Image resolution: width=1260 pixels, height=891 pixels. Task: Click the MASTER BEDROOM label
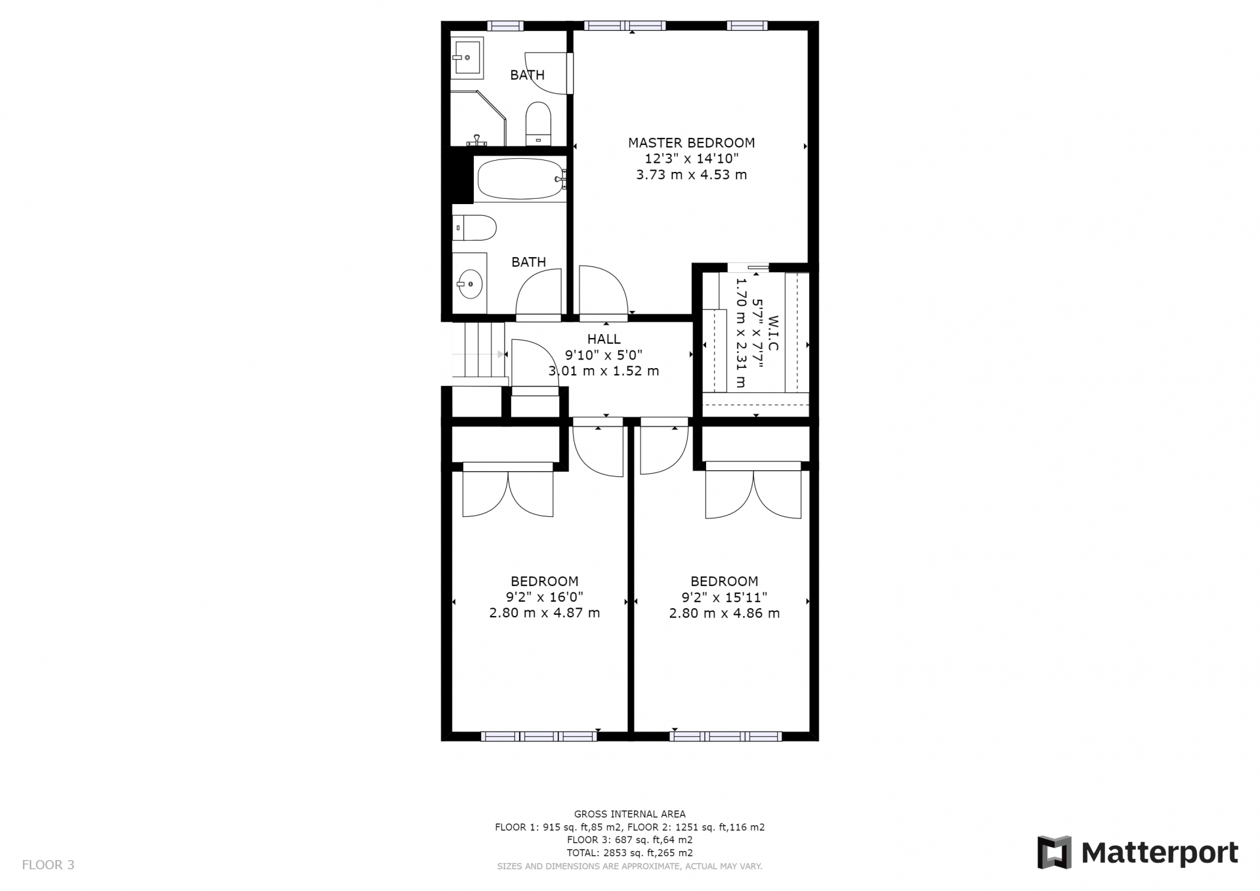tap(691, 142)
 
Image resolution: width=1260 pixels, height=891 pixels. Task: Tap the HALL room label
tap(604, 339)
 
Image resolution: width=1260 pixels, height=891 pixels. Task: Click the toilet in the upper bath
tap(538, 123)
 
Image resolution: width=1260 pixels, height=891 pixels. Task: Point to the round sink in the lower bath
tap(469, 284)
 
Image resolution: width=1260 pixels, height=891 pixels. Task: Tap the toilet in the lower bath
tap(474, 228)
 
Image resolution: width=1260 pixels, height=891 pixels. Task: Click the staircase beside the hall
tap(479, 349)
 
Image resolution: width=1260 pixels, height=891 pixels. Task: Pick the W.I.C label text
tap(772, 333)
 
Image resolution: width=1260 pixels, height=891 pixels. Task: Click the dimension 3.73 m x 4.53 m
tap(692, 175)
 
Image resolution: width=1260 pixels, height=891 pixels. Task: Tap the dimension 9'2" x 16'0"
tap(544, 597)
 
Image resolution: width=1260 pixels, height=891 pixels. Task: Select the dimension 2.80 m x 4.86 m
tap(724, 613)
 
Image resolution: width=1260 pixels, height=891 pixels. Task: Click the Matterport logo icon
tap(1054, 853)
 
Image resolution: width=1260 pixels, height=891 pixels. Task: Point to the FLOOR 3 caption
tap(48, 865)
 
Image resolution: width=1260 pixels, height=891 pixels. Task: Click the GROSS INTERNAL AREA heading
tap(630, 814)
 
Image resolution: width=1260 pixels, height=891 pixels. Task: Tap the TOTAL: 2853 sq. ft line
tap(630, 853)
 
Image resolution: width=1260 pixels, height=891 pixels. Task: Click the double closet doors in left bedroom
tap(508, 493)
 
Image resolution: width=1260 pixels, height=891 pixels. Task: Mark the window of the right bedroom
tap(726, 736)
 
